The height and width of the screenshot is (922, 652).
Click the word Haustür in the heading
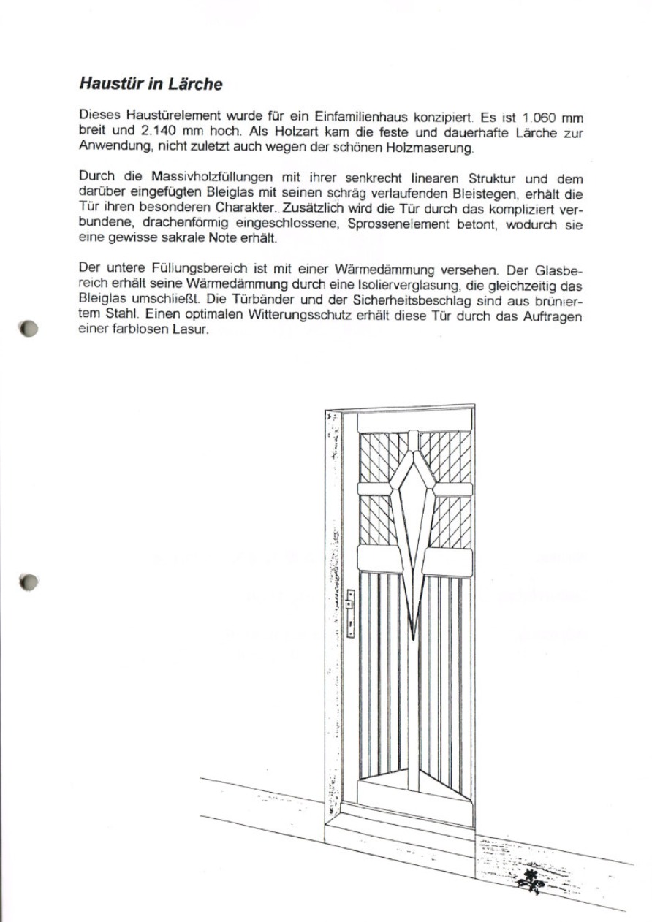(x=110, y=84)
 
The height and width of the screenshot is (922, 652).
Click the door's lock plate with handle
(x=350, y=614)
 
